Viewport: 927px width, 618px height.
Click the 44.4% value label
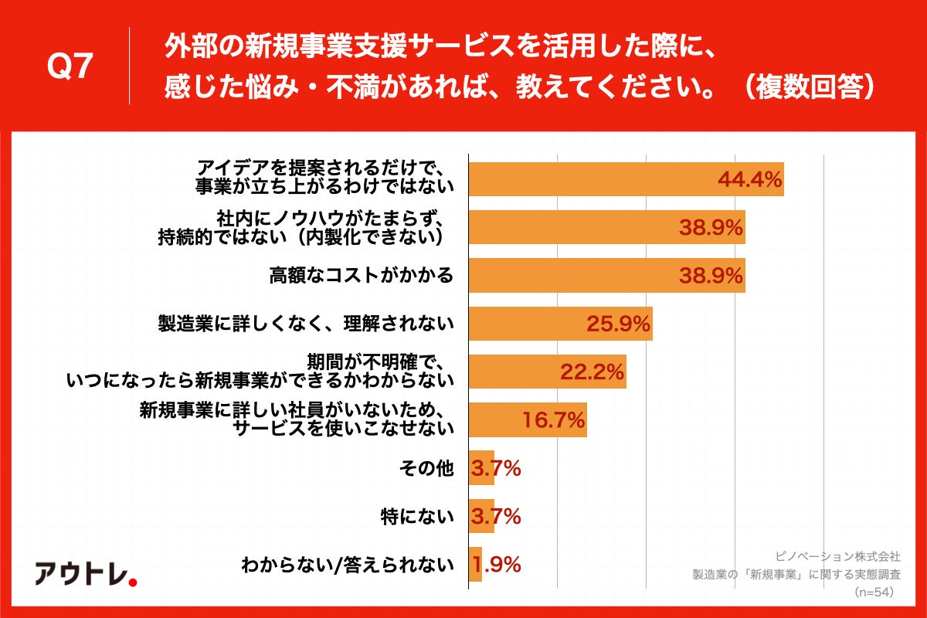coord(750,180)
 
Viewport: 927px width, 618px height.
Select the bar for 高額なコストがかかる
coord(606,276)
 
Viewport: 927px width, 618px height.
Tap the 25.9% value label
coord(619,324)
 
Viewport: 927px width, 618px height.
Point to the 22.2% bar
coord(547,372)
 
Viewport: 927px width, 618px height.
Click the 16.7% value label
coord(553,420)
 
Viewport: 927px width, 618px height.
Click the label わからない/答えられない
coord(347,565)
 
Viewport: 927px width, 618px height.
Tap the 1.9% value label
coord(495,565)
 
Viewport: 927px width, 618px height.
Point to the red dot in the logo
coord(132,582)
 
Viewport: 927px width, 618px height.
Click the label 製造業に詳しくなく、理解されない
coord(306,324)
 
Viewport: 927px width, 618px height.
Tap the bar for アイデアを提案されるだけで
coord(626,179)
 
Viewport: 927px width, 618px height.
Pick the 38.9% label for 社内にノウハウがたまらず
coord(711,228)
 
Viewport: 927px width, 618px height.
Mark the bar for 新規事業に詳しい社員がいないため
coord(528,419)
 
